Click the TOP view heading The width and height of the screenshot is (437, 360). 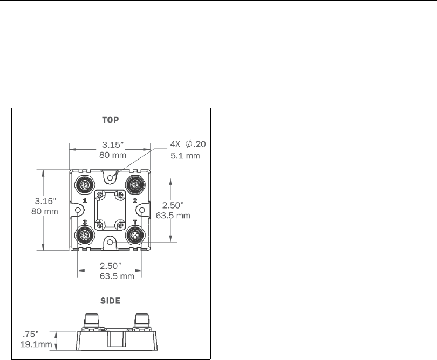pos(111,120)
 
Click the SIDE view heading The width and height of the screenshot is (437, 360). pos(111,301)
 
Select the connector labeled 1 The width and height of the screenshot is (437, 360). pos(85,184)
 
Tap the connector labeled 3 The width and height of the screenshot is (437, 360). pos(85,236)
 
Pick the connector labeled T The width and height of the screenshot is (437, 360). pos(135,236)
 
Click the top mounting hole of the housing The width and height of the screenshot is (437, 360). pos(110,178)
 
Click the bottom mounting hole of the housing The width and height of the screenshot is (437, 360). pos(110,242)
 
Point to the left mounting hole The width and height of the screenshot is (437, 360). pos(78,210)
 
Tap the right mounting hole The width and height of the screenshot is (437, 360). pos(142,210)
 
